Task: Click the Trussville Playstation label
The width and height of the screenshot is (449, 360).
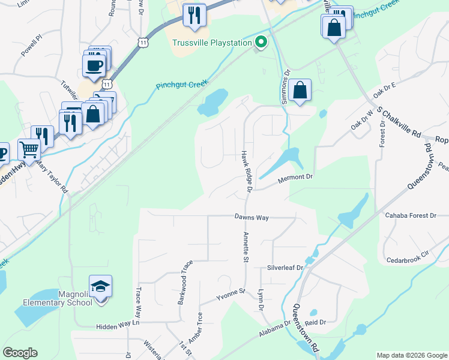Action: coord(211,43)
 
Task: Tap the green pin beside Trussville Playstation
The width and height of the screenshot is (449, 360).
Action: coord(261,42)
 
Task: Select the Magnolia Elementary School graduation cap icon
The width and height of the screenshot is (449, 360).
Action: coord(101,286)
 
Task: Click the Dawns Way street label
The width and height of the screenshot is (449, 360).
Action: coord(252,217)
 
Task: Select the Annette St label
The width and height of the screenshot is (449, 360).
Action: coord(246,247)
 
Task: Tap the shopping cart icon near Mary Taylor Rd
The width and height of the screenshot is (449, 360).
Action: coord(28,149)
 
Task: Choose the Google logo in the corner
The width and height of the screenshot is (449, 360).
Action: coord(20,353)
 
